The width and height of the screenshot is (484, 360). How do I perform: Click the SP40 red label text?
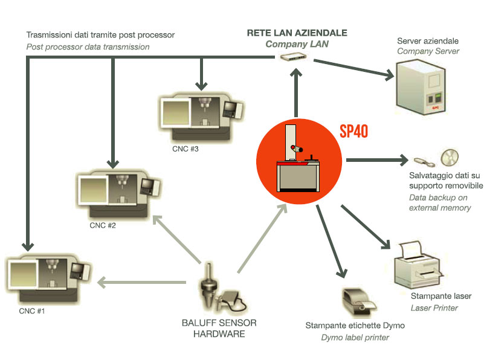[353, 132]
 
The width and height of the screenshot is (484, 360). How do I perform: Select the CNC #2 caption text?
[103, 226]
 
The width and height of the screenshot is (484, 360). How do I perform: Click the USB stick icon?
[425, 162]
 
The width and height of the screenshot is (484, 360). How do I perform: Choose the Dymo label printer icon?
[357, 300]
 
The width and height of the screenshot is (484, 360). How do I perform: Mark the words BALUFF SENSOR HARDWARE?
[219, 328]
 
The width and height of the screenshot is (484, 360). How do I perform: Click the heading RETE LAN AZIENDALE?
[297, 33]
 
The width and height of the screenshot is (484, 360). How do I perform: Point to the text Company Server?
[428, 51]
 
